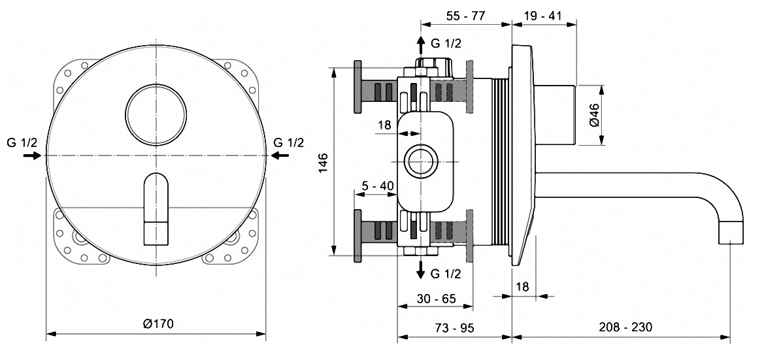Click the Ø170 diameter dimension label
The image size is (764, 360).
click(x=156, y=323)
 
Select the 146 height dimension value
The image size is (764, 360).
click(x=324, y=160)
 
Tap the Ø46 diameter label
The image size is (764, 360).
click(x=594, y=115)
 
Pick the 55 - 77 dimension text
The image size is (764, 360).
click(x=465, y=16)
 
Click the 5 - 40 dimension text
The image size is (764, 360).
click(x=378, y=186)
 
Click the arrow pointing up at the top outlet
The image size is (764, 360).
click(x=420, y=45)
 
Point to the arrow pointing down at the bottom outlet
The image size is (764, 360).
click(x=420, y=270)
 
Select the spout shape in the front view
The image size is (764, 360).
click(x=156, y=207)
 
